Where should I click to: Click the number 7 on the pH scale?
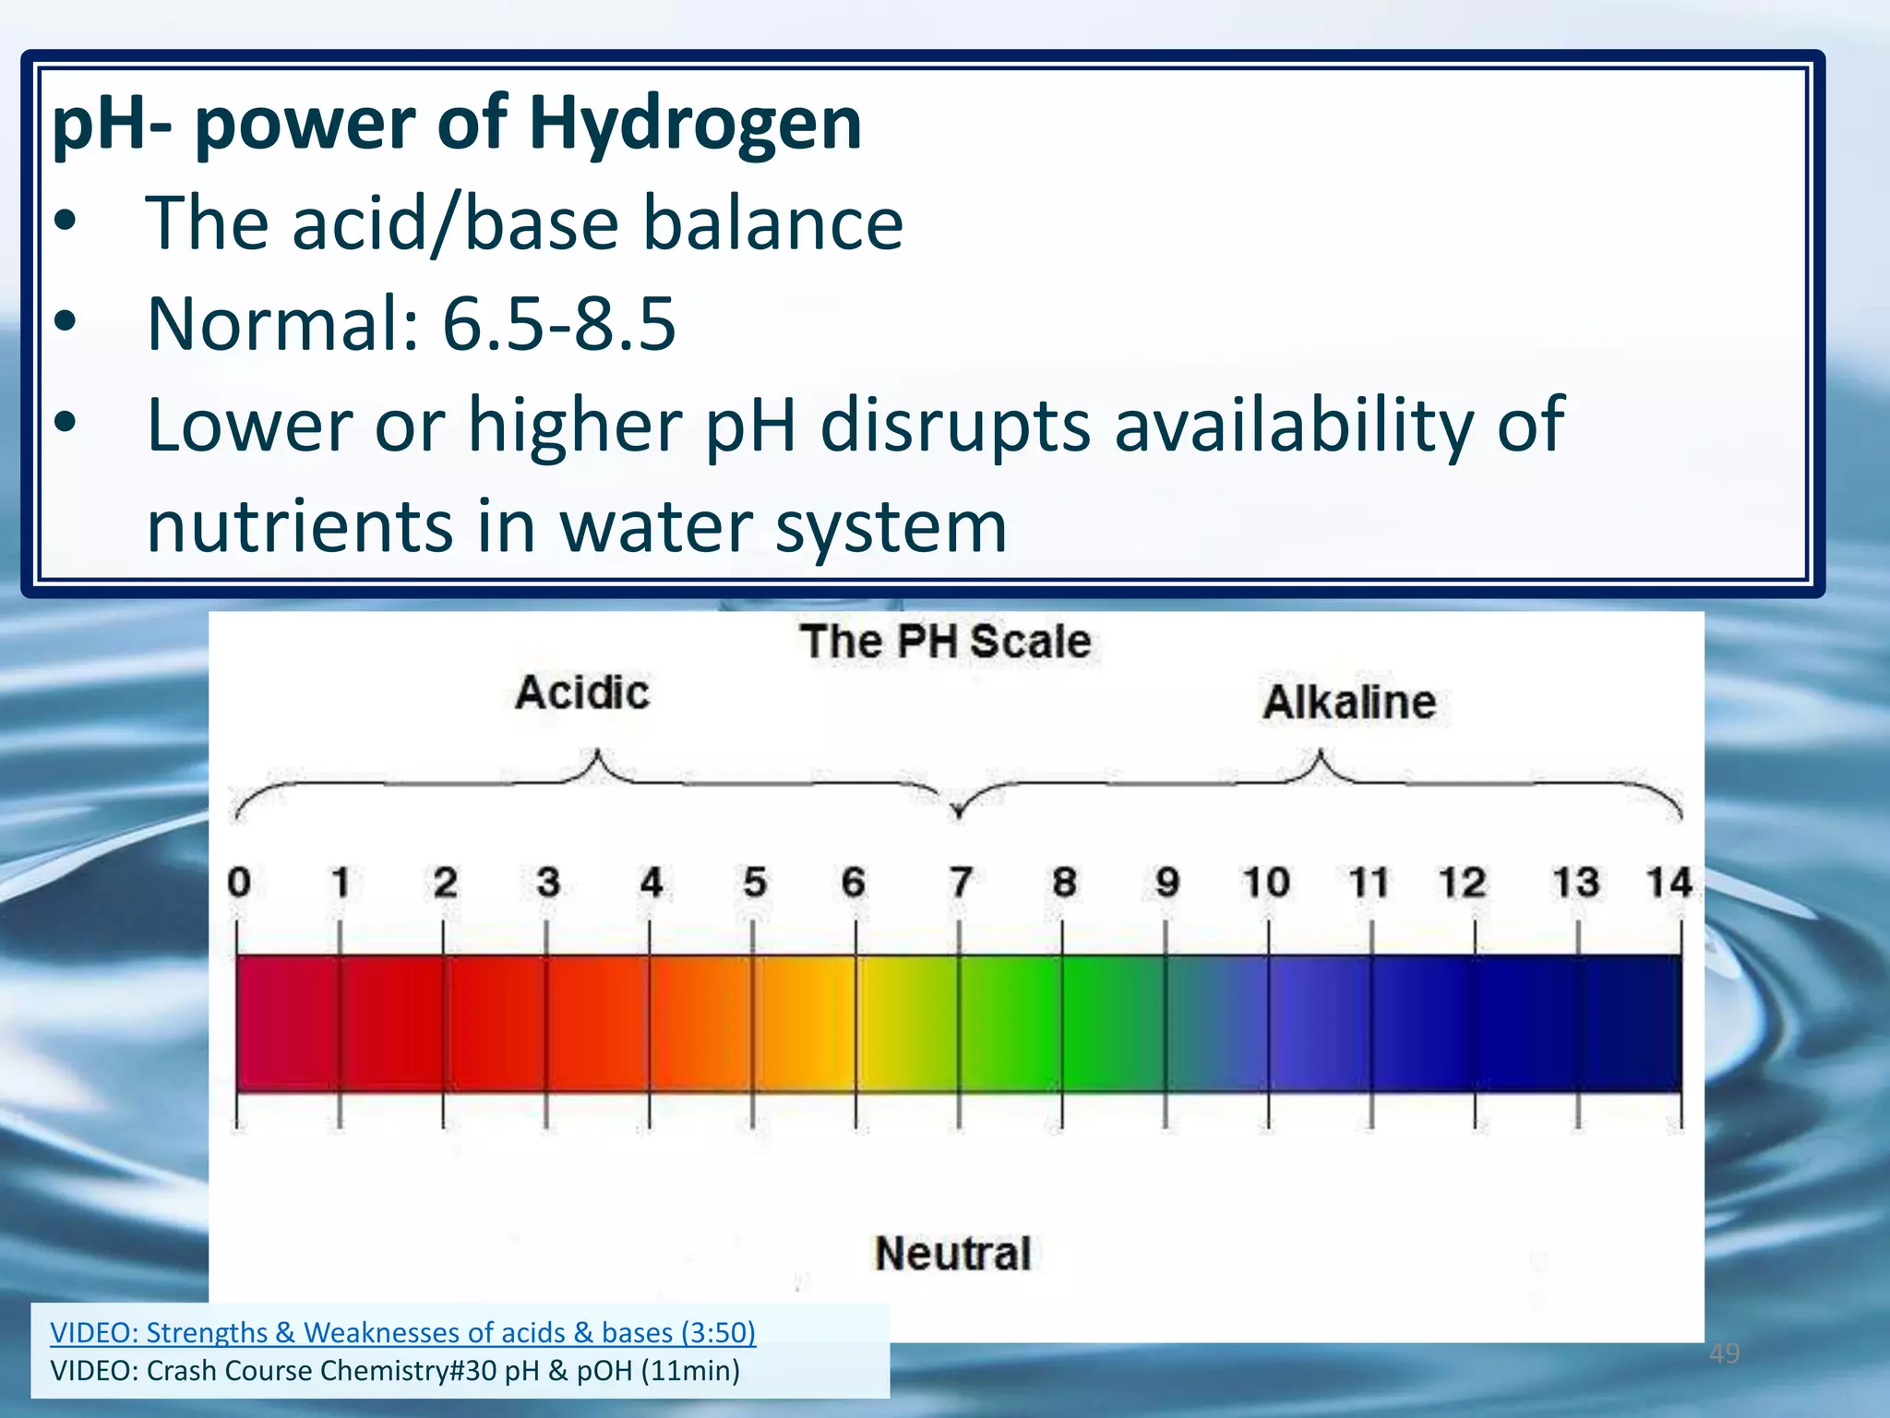coord(961,883)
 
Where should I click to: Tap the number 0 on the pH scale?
coord(239,883)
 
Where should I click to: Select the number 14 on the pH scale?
coord(1669,883)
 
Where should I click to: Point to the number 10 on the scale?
coord(1266,883)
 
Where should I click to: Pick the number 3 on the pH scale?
coord(548,883)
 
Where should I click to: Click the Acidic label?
coord(582,693)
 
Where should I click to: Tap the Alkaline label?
coord(1349,703)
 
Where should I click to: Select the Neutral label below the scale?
coord(952,1254)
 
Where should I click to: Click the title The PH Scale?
coord(946,642)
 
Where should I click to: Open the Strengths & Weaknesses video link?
coord(402,1332)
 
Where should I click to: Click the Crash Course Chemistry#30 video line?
coord(395,1371)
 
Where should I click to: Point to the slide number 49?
coord(1724,1354)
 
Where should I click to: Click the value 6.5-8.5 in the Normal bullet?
coord(559,325)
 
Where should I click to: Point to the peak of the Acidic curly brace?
coord(597,752)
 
